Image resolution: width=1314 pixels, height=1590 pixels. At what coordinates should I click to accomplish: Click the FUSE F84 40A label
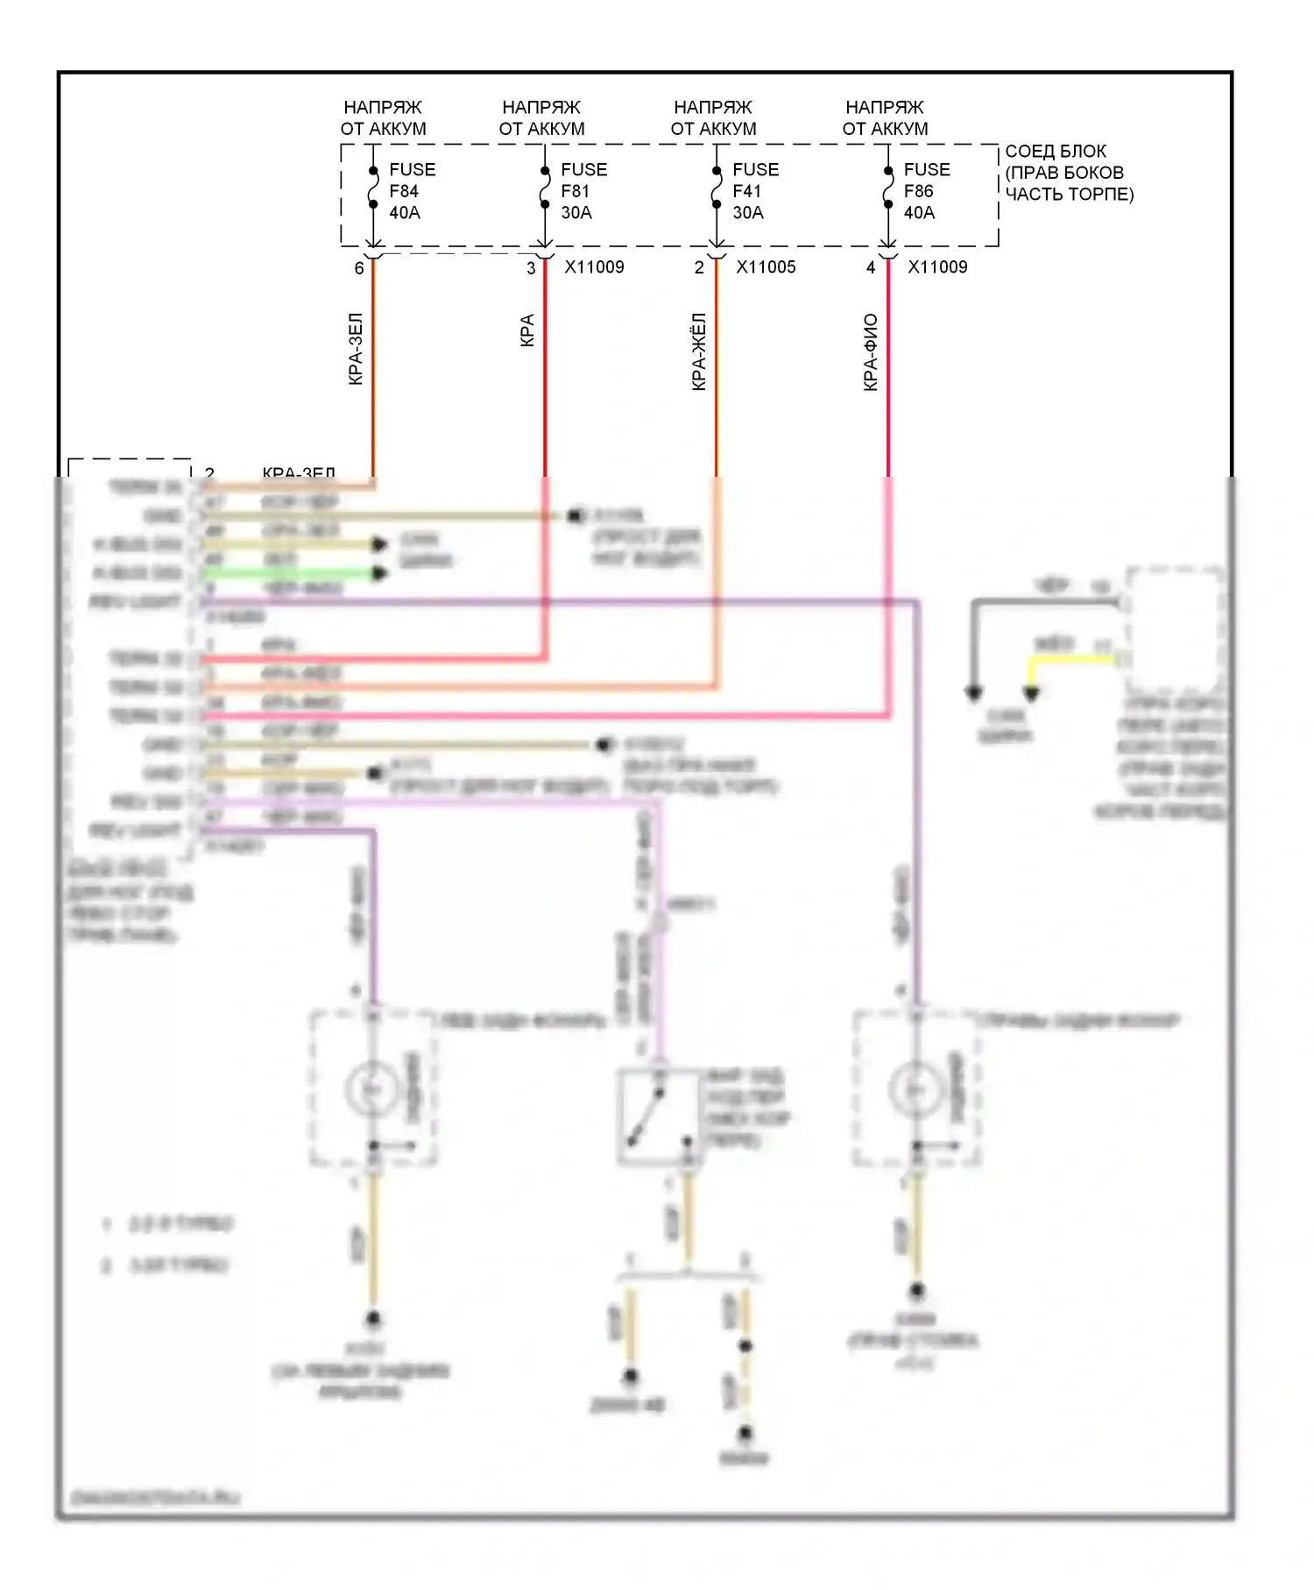[411, 191]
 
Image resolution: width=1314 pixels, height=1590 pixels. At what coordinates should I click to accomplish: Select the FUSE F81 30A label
[583, 191]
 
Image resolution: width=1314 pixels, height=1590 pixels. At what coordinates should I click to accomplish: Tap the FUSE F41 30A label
[754, 191]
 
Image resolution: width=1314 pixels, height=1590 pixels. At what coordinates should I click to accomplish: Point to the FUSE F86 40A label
[926, 191]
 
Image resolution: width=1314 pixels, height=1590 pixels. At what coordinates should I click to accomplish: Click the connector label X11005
[766, 267]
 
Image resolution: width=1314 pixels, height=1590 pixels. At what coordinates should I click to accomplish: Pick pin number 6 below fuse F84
[359, 268]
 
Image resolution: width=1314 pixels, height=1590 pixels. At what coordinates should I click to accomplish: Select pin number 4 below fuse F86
[871, 268]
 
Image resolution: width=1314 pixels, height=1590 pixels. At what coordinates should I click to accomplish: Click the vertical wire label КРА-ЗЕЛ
[356, 349]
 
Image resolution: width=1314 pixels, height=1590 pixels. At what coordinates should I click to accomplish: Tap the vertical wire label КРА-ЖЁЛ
[699, 351]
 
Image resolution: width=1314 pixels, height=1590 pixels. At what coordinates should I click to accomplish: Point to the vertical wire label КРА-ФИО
[871, 351]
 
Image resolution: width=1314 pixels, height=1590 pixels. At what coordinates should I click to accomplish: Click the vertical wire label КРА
[527, 330]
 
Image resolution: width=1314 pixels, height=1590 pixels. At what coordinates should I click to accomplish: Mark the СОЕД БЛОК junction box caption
[1068, 173]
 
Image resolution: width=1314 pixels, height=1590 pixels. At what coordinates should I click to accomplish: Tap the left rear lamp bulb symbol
[372, 1089]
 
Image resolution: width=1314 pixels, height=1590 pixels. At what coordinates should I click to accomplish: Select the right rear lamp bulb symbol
[915, 1089]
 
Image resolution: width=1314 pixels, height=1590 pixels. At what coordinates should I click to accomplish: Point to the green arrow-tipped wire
[293, 574]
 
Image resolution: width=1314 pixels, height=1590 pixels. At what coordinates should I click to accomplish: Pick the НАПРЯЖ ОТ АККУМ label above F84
[383, 117]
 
